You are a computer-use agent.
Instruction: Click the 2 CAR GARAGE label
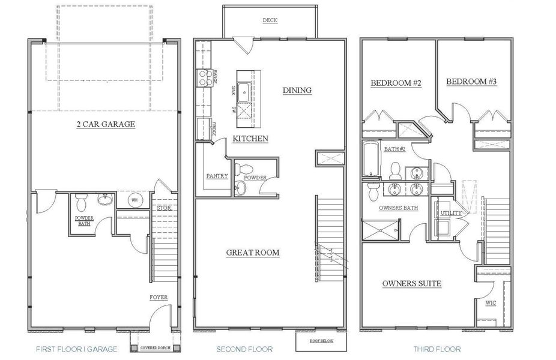click(105, 124)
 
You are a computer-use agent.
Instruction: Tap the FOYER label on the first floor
click(159, 298)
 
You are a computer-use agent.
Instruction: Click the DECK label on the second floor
click(270, 20)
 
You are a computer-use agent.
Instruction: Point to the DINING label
click(297, 91)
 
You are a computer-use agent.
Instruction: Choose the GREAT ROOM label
click(253, 253)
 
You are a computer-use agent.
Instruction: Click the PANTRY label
click(216, 176)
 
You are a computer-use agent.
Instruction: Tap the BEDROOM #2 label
click(396, 83)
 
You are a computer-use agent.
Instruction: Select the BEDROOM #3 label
click(470, 80)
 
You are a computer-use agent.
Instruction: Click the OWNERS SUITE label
click(412, 283)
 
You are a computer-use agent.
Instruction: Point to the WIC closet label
click(491, 303)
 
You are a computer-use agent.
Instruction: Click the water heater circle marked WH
click(134, 200)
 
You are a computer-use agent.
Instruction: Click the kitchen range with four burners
click(201, 79)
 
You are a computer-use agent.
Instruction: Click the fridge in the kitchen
click(202, 129)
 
